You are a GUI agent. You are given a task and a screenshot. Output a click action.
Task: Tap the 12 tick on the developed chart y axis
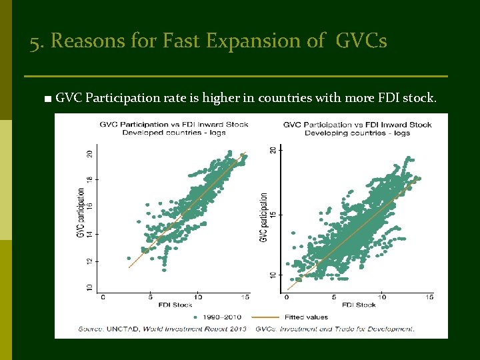click(90, 261)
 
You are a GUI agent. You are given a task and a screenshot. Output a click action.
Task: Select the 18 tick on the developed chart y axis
click(90, 180)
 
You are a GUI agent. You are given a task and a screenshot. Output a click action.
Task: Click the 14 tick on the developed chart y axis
click(90, 234)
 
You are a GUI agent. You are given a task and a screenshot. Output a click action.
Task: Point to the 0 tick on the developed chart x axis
click(102, 297)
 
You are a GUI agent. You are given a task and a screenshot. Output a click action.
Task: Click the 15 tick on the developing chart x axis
click(429, 297)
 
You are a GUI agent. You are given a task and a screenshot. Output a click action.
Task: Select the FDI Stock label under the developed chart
click(175, 305)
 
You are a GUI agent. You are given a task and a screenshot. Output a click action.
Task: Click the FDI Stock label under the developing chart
click(360, 305)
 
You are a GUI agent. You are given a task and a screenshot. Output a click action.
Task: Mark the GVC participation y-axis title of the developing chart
click(264, 217)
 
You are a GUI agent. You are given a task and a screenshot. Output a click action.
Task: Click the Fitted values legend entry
click(301, 317)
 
